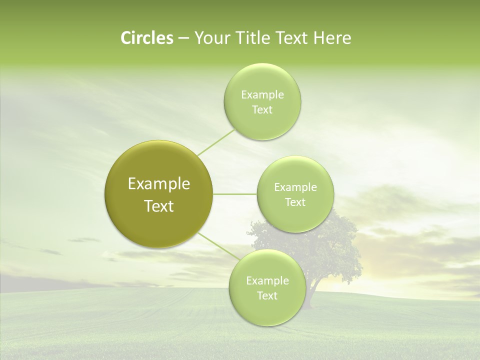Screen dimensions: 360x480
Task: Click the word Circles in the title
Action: (x=146, y=38)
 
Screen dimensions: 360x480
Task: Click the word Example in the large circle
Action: (x=159, y=184)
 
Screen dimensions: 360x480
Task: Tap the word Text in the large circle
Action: (x=159, y=206)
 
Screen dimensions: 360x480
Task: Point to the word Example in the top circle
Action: (x=262, y=95)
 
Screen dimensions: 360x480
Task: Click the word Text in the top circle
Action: (x=262, y=110)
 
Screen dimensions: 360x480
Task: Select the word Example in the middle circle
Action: (x=295, y=187)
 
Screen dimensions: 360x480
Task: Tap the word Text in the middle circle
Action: (x=295, y=202)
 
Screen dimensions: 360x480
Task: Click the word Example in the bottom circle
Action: (x=267, y=281)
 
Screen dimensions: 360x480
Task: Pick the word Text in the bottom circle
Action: (x=267, y=296)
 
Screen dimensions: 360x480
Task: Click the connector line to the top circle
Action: (x=216, y=142)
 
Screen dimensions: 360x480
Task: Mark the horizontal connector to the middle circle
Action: (x=235, y=194)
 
